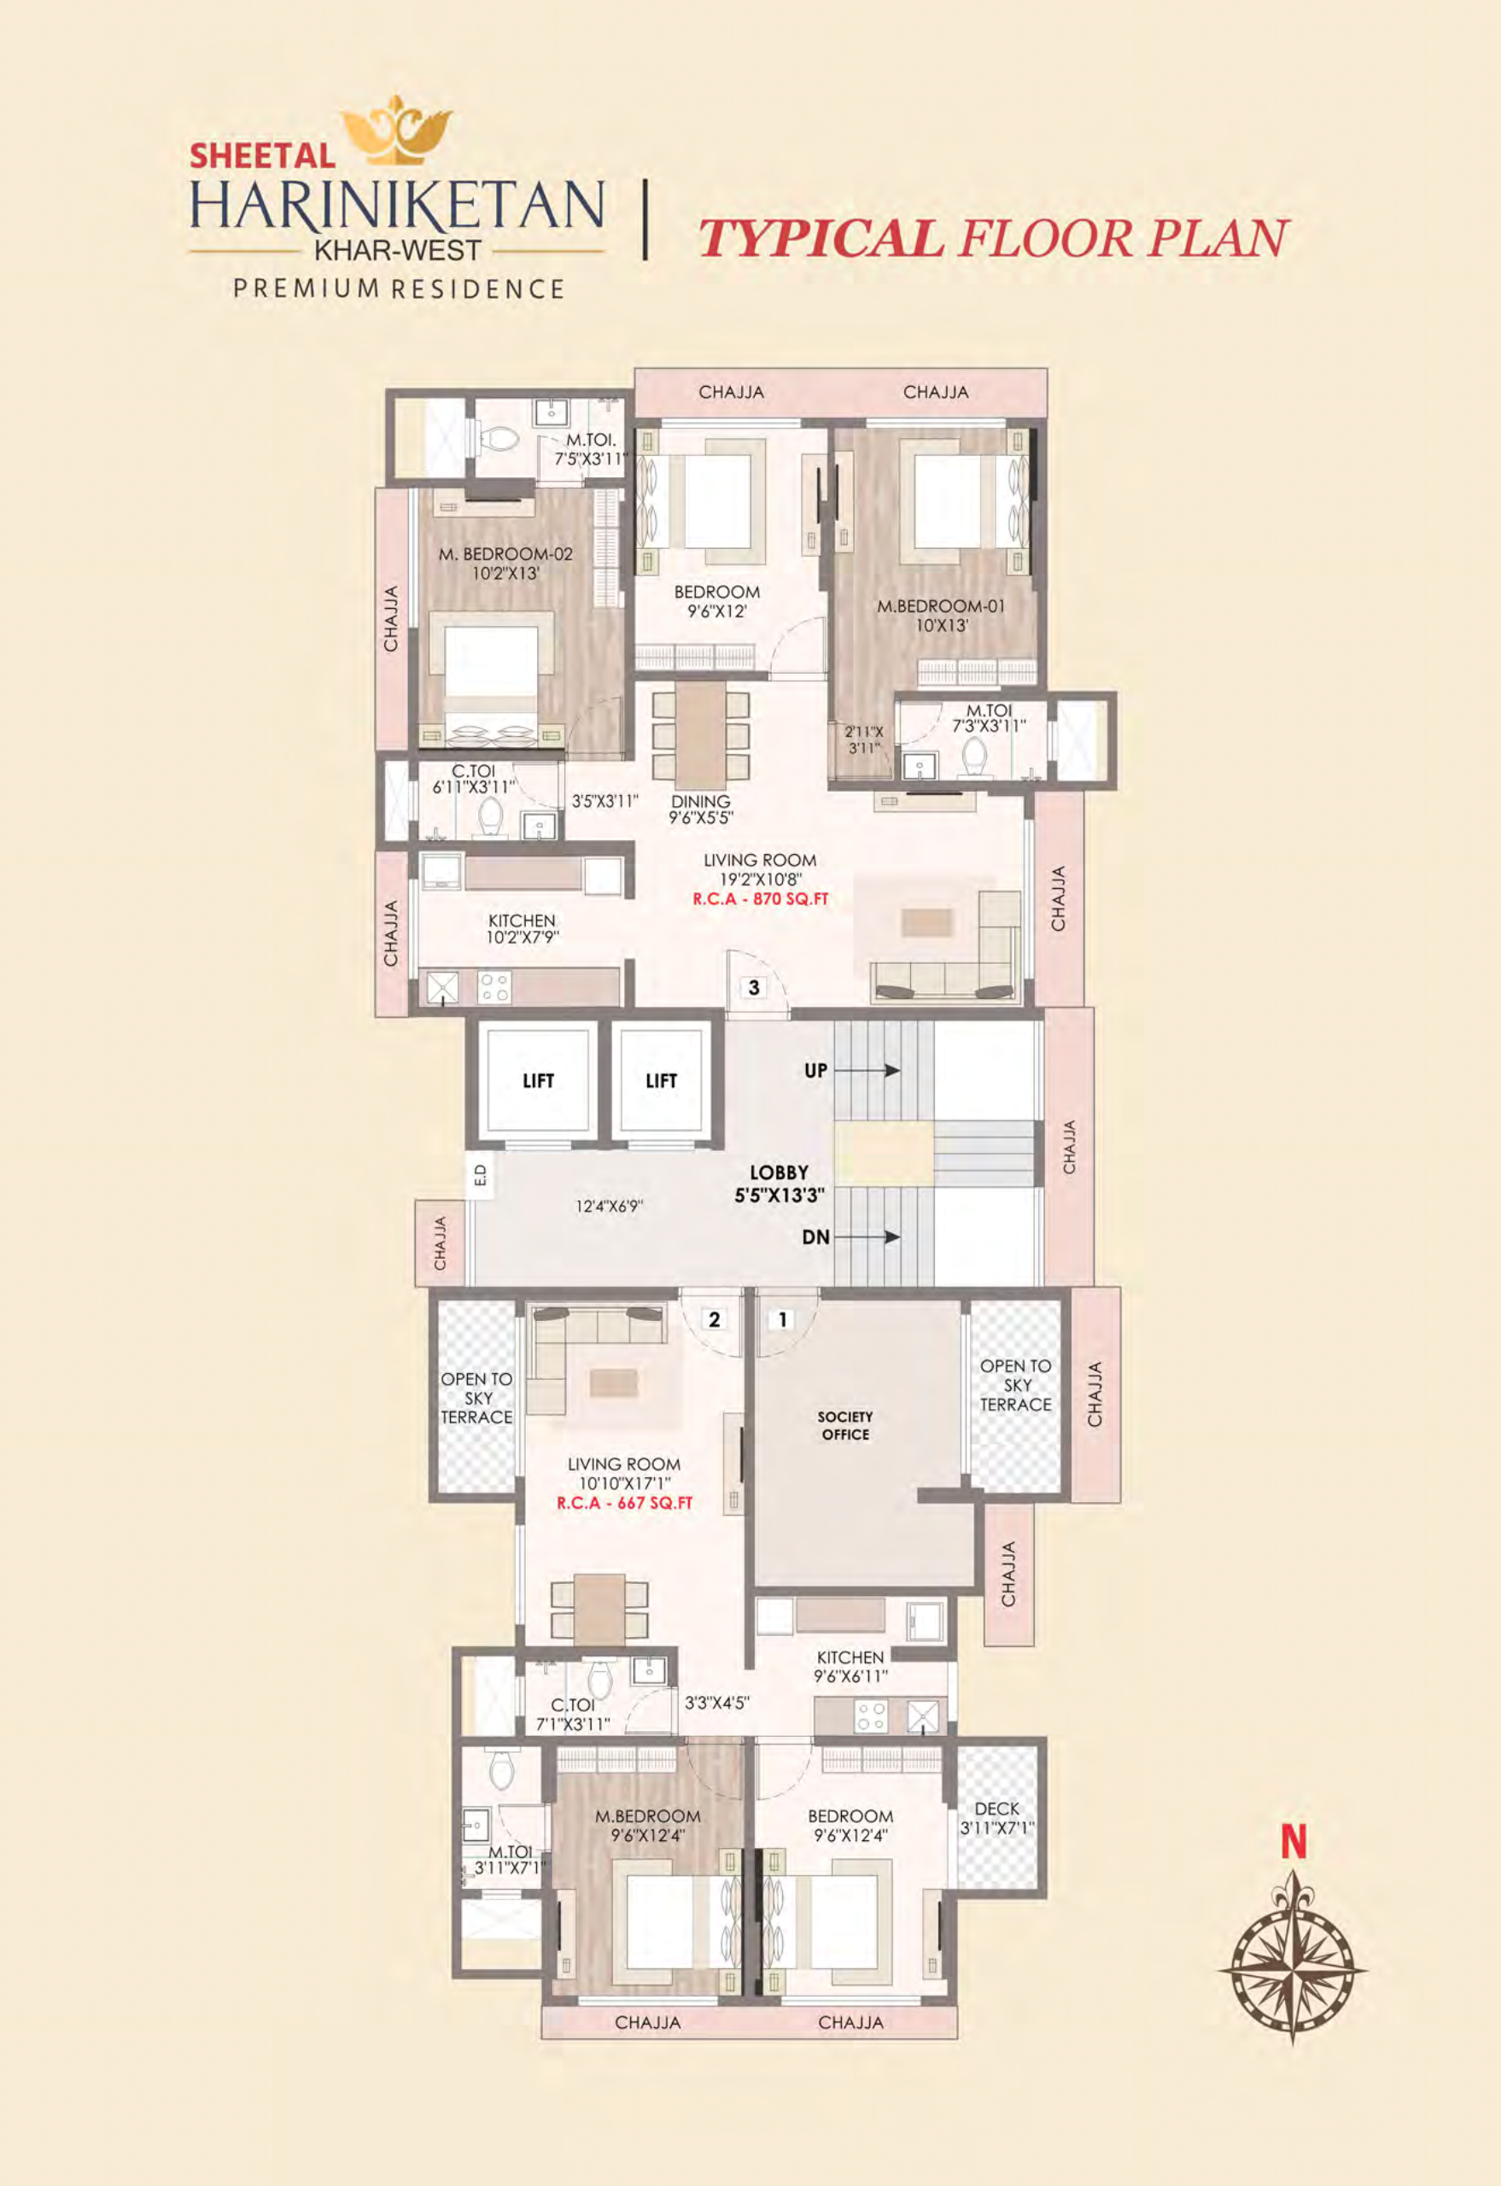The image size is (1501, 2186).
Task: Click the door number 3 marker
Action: point(753,988)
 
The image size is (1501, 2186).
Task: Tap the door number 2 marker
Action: point(714,1319)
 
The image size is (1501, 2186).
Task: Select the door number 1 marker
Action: point(782,1319)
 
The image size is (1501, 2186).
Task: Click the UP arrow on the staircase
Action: point(866,1071)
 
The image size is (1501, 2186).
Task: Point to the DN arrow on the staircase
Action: point(866,1237)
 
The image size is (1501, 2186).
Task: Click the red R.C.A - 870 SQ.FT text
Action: point(760,898)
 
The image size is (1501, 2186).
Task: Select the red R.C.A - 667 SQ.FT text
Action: point(624,1503)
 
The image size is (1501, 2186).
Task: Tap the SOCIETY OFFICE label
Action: point(844,1425)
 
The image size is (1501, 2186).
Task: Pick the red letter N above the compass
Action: point(1294,1842)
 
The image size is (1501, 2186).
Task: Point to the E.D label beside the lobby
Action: point(480,1175)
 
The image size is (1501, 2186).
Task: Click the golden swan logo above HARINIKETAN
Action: point(396,130)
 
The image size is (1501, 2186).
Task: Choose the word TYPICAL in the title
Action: point(821,239)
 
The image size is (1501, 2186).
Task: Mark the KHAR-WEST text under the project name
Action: point(397,251)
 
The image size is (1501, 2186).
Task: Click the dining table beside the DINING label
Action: point(700,734)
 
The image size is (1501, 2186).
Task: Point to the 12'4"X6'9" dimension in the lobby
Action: point(609,1206)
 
